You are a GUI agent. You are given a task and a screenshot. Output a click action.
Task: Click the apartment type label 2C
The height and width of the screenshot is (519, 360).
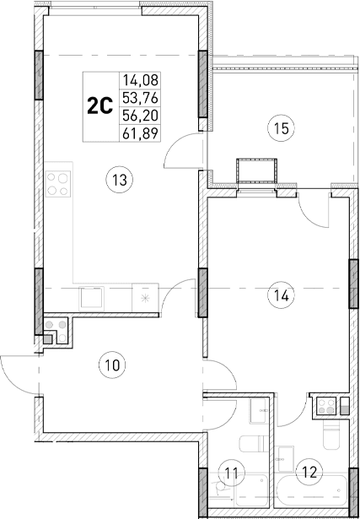(100, 106)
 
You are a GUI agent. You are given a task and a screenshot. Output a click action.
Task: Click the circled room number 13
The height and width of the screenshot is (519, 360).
(117, 178)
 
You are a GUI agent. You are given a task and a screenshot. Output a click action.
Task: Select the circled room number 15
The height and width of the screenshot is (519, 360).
(281, 128)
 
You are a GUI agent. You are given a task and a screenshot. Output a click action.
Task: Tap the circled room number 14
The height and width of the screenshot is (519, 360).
(281, 295)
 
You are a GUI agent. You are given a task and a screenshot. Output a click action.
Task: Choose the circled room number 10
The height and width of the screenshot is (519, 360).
(110, 365)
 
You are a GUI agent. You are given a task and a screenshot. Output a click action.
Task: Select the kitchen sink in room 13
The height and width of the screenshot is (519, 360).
(91, 297)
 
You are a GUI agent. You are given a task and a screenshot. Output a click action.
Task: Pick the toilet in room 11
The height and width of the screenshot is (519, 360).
(251, 445)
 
